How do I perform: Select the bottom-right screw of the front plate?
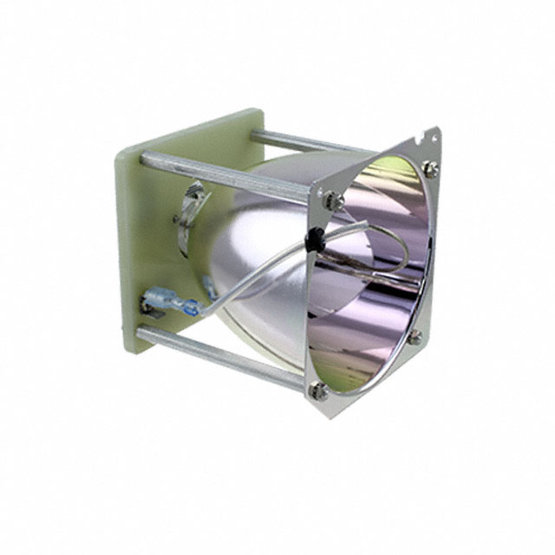[x=415, y=339]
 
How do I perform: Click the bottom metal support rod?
[x=225, y=356]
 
